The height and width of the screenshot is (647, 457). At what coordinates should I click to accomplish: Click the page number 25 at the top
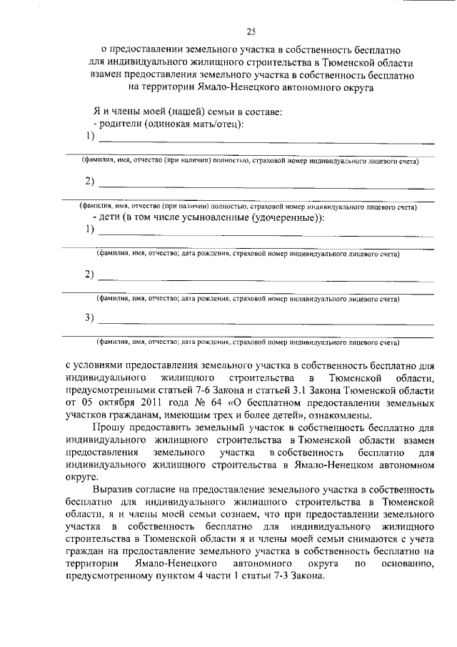point(251,31)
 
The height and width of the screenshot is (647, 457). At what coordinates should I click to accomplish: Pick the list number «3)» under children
point(90,318)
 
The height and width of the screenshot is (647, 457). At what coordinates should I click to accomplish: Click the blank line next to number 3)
point(264,322)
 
